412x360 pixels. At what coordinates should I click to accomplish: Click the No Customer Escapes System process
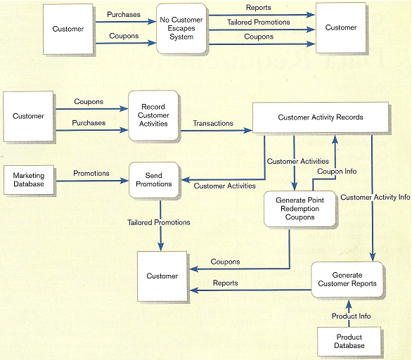(181, 28)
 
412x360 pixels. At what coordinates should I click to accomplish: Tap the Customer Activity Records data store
(321, 117)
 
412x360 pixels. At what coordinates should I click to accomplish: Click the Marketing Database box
(28, 179)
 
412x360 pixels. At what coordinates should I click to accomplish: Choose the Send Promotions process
(153, 179)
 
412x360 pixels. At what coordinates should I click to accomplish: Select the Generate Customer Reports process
(347, 279)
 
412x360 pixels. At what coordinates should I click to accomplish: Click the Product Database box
(349, 341)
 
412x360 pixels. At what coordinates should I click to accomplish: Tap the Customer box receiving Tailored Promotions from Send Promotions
(162, 276)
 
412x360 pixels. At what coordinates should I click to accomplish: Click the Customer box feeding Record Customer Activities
(28, 116)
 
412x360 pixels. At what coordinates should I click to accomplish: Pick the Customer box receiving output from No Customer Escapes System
(340, 27)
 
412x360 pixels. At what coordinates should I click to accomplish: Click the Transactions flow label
(213, 124)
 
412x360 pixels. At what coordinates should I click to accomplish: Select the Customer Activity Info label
(375, 198)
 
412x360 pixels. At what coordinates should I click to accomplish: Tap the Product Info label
(351, 316)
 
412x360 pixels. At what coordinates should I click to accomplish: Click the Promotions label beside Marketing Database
(91, 173)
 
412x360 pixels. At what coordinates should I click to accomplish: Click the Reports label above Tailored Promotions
(258, 8)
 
